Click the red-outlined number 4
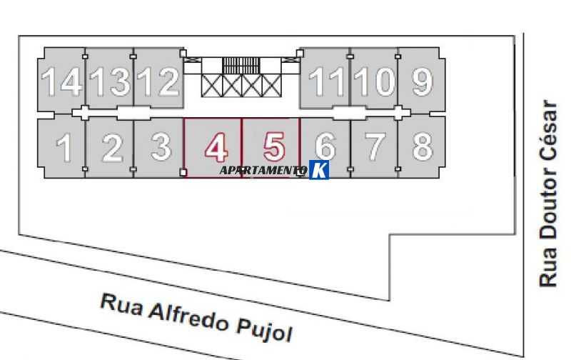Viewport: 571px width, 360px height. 217,147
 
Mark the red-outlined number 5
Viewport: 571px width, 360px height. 274,146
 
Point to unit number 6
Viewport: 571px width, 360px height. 325,146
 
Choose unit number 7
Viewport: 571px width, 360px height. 375,147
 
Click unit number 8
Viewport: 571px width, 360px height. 423,146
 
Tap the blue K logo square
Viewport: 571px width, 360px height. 319,170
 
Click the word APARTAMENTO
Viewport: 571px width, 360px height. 263,171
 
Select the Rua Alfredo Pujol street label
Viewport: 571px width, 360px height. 196,318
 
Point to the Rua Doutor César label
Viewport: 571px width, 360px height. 548,194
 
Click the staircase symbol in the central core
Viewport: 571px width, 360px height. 241,66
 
